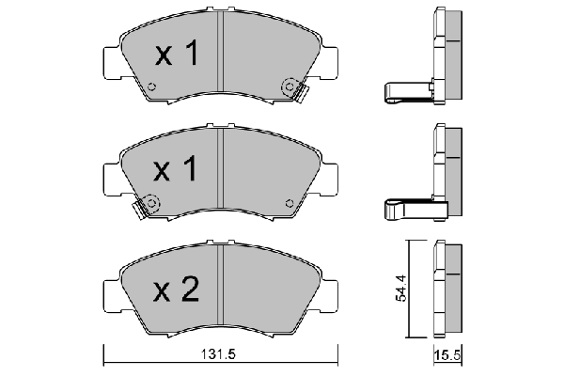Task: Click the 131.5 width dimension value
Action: (218, 354)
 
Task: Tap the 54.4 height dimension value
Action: (400, 288)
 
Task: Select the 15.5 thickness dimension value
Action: (447, 355)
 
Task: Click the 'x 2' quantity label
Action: (177, 289)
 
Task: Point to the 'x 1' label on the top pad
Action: (177, 53)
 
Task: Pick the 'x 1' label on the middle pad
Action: (175, 168)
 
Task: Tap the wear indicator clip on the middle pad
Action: (138, 210)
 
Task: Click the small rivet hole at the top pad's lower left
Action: (151, 86)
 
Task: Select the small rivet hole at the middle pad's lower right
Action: (290, 203)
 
